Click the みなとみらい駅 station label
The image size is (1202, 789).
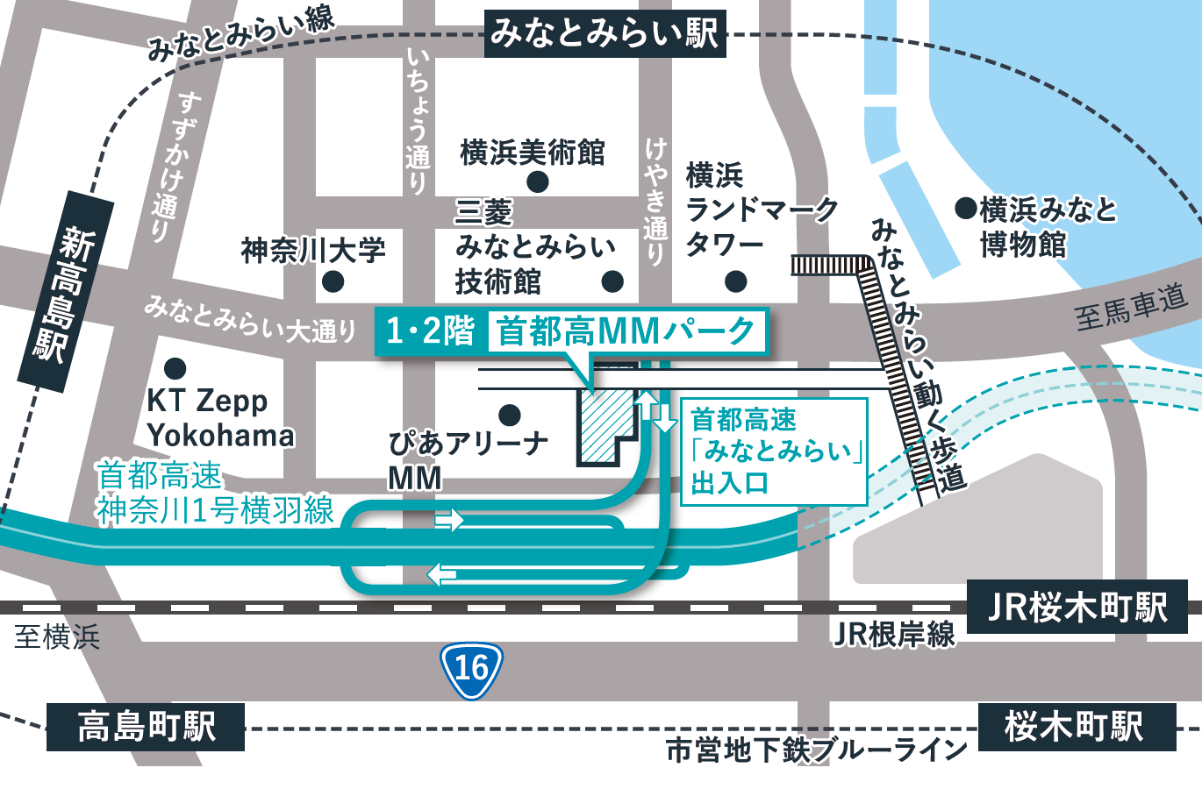coord(605,33)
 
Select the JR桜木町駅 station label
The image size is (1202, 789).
coord(1077,607)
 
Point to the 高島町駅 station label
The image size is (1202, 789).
coord(146,727)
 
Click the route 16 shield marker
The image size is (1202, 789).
coord(471,671)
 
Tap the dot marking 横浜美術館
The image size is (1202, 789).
coord(537,182)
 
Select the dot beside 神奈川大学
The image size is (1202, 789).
coord(333,282)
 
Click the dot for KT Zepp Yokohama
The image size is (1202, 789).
coord(175,367)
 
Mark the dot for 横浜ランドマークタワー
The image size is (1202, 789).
coord(736,281)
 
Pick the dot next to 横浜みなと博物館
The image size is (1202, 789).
coord(965,209)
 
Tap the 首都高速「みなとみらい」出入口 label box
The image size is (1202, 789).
coord(774,451)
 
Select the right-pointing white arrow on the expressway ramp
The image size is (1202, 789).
coord(449,520)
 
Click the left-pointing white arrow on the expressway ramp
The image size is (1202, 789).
coord(441,575)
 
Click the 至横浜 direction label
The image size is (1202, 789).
coord(57,636)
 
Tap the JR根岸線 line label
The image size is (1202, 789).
coord(893,633)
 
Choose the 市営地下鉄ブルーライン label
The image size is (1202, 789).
coord(816,750)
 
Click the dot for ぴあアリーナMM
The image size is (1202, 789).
coord(509,415)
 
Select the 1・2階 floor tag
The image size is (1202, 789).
coord(430,331)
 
